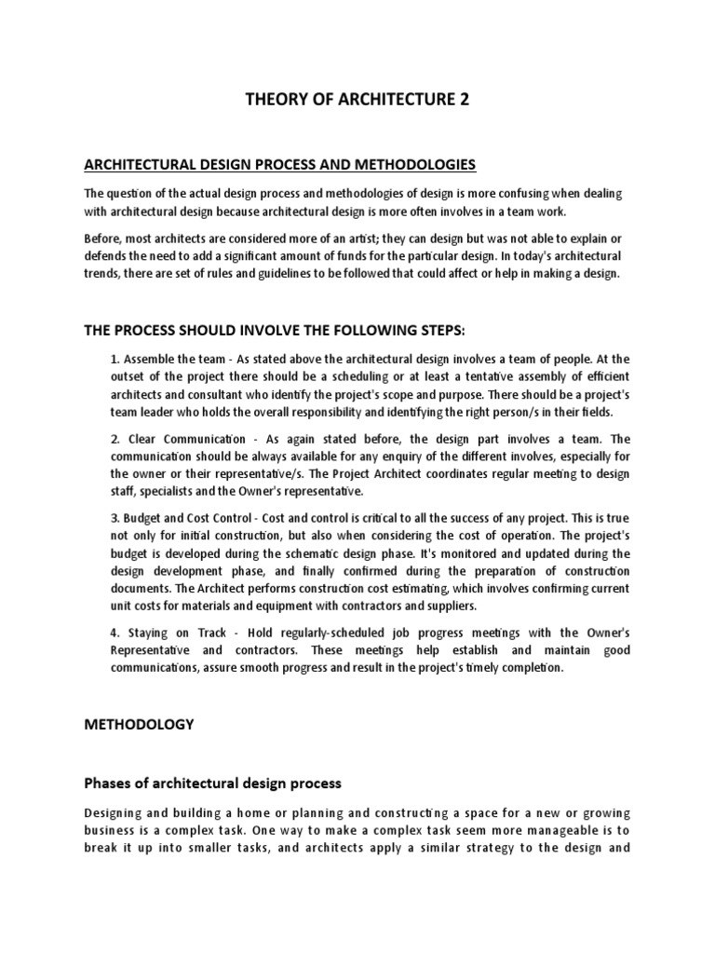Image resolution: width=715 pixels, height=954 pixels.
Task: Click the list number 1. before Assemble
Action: point(115,359)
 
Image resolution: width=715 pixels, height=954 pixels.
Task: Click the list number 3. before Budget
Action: point(115,519)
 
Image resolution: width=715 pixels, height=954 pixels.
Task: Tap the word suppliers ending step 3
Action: point(451,606)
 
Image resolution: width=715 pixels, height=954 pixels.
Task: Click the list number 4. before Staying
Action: point(115,634)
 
